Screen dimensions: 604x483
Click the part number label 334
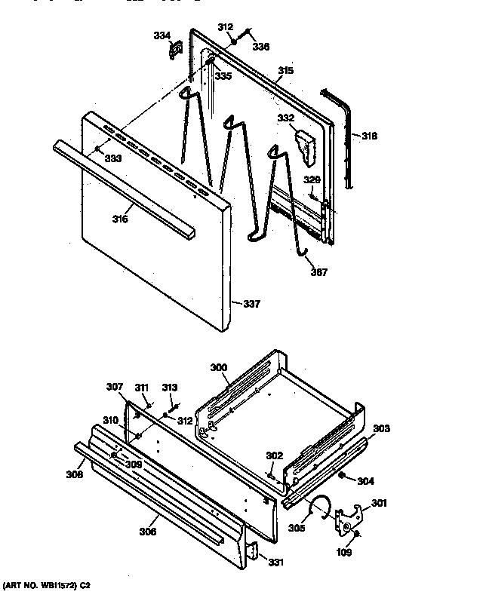click(162, 34)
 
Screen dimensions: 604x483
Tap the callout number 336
click(261, 46)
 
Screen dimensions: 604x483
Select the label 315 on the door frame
click(285, 71)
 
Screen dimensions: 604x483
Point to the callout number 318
click(369, 136)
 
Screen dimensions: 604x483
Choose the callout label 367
click(319, 272)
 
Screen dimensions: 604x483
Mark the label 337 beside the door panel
click(251, 304)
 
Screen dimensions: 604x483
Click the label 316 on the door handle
click(120, 219)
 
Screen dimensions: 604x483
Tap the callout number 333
click(112, 158)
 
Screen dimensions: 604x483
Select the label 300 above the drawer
click(218, 367)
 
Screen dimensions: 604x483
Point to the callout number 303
click(381, 428)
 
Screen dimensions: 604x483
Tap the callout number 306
click(148, 532)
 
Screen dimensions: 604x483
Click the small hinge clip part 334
click(175, 50)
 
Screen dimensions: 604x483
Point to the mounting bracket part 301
click(348, 517)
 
